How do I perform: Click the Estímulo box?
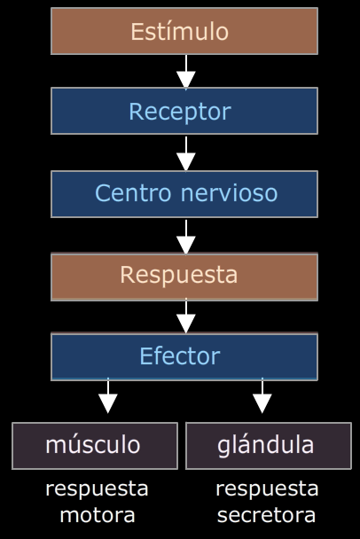pyautogui.click(x=184, y=31)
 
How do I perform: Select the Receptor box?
pyautogui.click(x=184, y=111)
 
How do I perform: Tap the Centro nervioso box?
pyautogui.click(x=184, y=194)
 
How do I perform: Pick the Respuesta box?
pyautogui.click(x=184, y=277)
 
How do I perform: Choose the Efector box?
pyautogui.click(x=184, y=356)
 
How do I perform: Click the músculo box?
pyautogui.click(x=95, y=446)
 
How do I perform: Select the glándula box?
pyautogui.click(x=269, y=446)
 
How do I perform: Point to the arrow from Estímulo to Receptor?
pyautogui.click(x=186, y=72)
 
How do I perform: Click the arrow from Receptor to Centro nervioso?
pyautogui.click(x=186, y=153)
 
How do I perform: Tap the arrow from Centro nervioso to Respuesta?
pyautogui.click(x=186, y=237)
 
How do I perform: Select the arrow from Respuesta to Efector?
pyautogui.click(x=186, y=316)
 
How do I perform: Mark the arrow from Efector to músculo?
pyautogui.click(x=108, y=395)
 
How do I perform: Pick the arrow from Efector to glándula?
pyautogui.click(x=262, y=395)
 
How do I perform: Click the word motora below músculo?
pyautogui.click(x=98, y=515)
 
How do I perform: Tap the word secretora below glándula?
pyautogui.click(x=267, y=515)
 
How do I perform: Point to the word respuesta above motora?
pyautogui.click(x=97, y=489)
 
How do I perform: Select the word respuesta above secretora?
pyautogui.click(x=267, y=489)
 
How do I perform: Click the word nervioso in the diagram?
pyautogui.click(x=229, y=193)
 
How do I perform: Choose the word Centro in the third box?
pyautogui.click(x=133, y=193)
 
